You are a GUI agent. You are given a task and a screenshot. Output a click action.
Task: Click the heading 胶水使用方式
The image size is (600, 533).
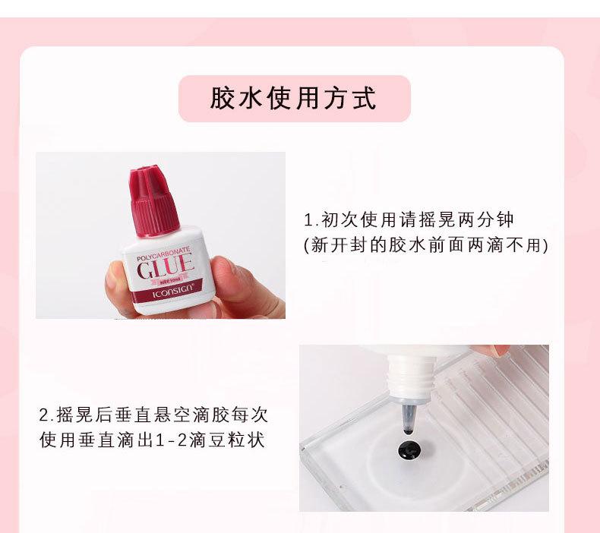pos(294,99)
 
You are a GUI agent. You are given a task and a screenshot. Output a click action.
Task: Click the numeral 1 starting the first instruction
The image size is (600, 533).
pos(308,221)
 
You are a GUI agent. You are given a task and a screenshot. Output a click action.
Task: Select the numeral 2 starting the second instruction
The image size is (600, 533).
pos(43,415)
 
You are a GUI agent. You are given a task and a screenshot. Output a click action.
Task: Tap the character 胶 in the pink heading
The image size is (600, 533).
pos(222,99)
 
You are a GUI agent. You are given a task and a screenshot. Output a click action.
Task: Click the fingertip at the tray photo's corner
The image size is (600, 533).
pos(501,350)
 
